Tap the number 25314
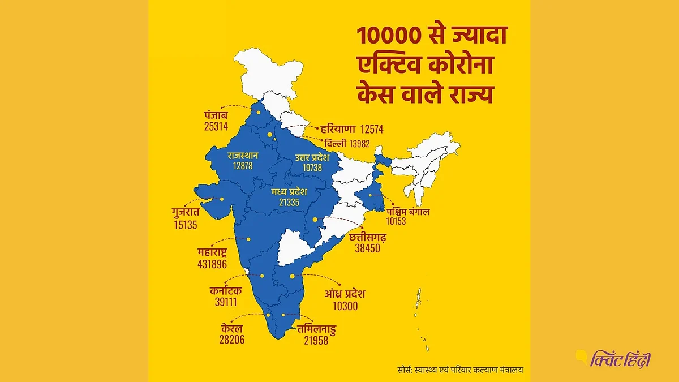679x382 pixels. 216,126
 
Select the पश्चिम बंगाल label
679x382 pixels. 405,212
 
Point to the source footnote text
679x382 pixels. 459,370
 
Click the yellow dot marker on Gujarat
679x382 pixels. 222,199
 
